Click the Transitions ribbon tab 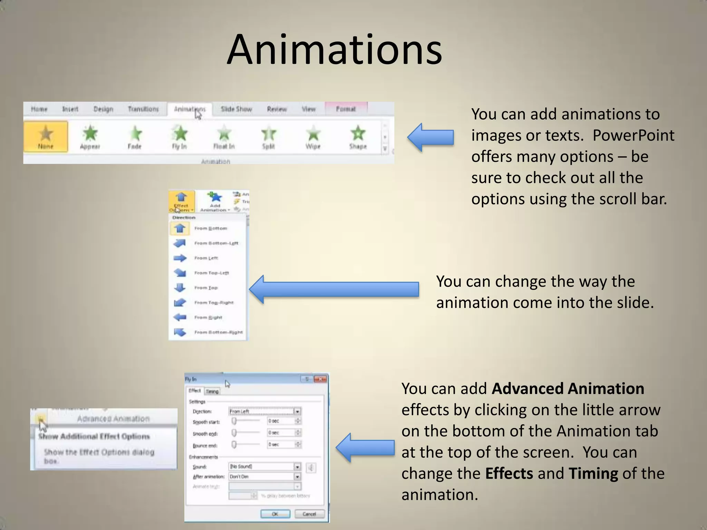click(x=143, y=109)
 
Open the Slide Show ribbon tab click(x=236, y=109)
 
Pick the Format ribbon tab click(x=346, y=109)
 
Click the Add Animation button click(x=215, y=202)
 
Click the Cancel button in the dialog click(x=309, y=514)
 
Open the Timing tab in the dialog click(x=212, y=391)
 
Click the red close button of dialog click(x=320, y=379)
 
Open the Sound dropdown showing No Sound click(x=297, y=467)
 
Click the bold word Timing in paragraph click(x=593, y=473)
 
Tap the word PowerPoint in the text click(x=633, y=135)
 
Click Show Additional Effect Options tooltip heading click(x=94, y=436)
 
